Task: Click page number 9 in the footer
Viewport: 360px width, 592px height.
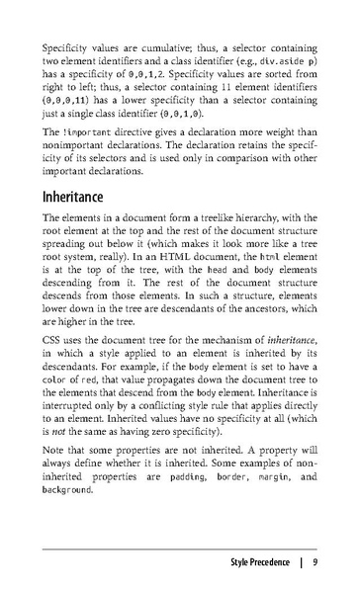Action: (x=314, y=564)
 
